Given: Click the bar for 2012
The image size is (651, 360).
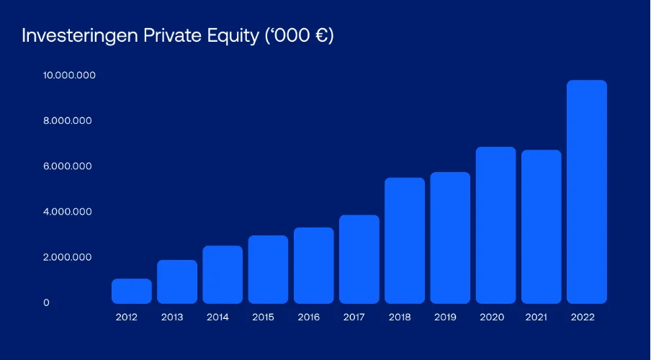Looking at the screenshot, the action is tap(132, 291).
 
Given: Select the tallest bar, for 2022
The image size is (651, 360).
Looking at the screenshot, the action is tap(587, 192).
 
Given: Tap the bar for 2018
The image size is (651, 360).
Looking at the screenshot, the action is tap(405, 240).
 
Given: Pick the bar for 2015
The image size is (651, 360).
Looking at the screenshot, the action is tap(268, 269).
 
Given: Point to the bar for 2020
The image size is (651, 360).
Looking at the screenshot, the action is tap(495, 225).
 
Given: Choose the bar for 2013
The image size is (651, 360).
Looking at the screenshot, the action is tap(177, 282).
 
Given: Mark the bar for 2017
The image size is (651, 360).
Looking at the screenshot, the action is tap(359, 259).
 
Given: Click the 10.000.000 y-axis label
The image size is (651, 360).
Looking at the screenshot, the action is tap(69, 75).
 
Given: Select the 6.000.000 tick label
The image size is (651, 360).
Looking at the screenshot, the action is tap(67, 166).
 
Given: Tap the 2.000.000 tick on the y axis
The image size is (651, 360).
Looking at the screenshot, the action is tap(67, 257).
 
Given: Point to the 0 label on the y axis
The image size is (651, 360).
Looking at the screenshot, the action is tap(47, 302).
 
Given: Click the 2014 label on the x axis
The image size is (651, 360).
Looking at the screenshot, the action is tap(217, 318).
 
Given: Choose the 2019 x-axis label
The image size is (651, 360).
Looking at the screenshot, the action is tap(445, 318).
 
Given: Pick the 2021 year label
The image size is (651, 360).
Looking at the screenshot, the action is tap(536, 318).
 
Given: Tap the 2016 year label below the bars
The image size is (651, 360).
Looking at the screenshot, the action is tap(308, 318).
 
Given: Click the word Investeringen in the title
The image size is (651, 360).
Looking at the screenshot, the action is tap(80, 36).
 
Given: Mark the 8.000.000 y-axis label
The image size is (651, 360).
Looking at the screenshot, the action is tap(67, 120).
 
